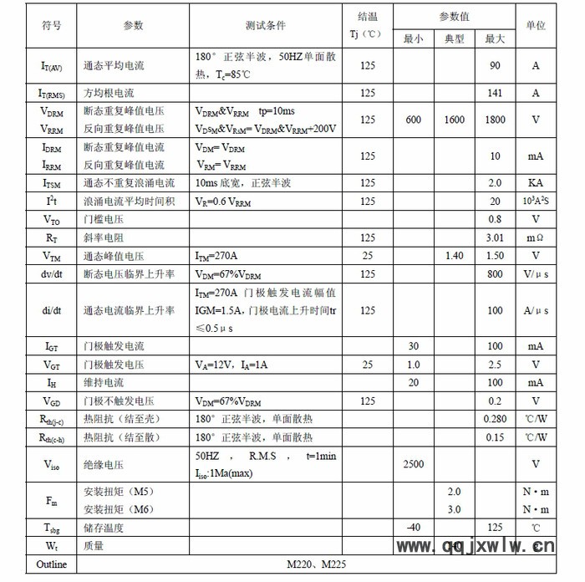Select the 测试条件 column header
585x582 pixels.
(266, 26)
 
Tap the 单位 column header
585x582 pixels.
(536, 26)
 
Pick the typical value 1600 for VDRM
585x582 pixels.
(455, 120)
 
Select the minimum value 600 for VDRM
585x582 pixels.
(414, 120)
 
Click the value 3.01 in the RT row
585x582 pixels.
(495, 238)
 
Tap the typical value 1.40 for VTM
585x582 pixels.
(455, 256)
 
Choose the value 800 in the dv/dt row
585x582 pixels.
(495, 274)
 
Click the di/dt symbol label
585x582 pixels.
(51, 310)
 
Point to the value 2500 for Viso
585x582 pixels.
(414, 464)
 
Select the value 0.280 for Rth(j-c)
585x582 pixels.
(495, 419)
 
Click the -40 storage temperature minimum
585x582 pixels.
(414, 527)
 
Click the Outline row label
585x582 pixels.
(51, 564)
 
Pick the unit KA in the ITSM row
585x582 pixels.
(536, 183)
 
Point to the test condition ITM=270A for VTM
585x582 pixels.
(216, 256)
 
